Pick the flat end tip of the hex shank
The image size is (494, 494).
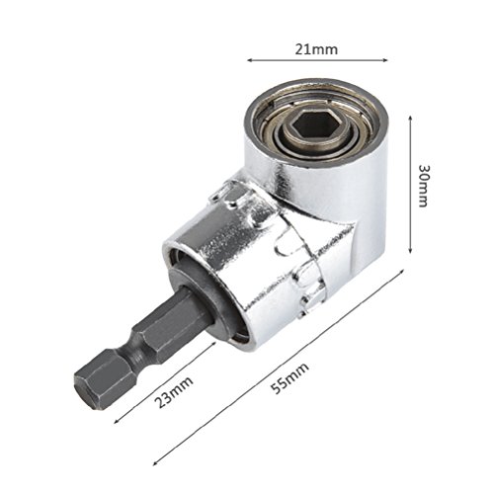tap(87, 388)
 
